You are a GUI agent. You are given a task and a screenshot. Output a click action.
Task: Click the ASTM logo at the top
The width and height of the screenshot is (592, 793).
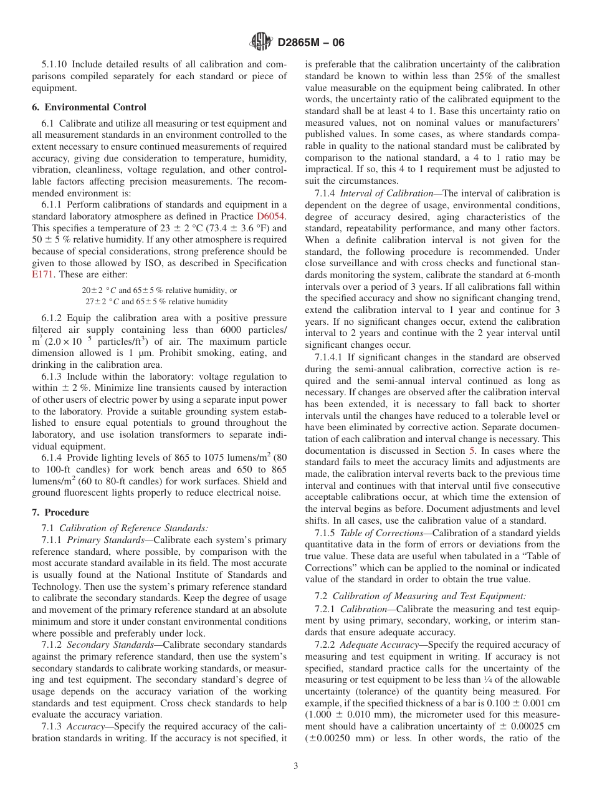pos(260,42)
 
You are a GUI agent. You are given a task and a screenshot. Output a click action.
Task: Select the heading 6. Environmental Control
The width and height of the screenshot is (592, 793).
pos(89,107)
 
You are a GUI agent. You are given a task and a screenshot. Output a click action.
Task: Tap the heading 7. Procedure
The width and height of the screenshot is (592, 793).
pos(60,512)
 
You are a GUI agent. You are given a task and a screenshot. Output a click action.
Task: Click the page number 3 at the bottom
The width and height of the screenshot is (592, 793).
pos(296,766)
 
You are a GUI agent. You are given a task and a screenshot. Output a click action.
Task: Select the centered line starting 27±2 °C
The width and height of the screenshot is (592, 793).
pos(156,301)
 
